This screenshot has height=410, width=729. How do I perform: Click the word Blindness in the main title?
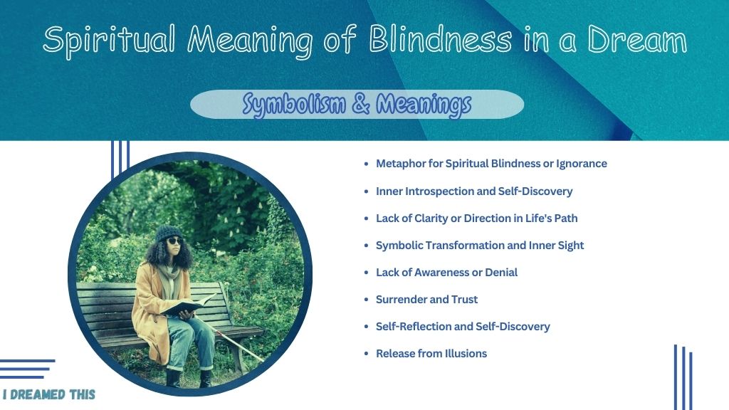[440, 39]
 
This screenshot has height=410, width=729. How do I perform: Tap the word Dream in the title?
[637, 39]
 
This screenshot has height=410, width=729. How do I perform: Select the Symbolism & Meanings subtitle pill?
[357, 105]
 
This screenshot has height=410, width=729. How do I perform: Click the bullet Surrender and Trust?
[427, 300]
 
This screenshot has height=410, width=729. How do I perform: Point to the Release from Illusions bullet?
[431, 353]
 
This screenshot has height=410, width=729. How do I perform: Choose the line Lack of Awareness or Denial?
[446, 273]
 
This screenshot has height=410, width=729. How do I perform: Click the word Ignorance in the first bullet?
[582, 164]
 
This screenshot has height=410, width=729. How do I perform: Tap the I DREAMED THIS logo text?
[49, 394]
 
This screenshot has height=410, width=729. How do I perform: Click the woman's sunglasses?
[174, 241]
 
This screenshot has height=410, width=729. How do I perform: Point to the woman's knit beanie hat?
[168, 233]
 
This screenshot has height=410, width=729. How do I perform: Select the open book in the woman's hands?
[187, 305]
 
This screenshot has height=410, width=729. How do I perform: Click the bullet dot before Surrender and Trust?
[367, 300]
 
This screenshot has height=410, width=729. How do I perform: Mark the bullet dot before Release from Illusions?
[367, 354]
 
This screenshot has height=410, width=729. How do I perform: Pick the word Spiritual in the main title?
[109, 41]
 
